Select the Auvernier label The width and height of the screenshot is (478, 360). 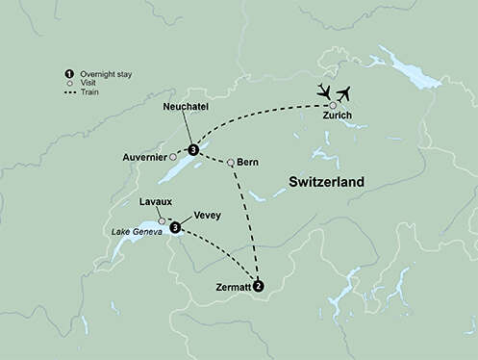[143, 156]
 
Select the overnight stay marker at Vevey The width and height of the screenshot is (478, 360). [175, 228]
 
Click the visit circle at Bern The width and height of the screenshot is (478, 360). [231, 161]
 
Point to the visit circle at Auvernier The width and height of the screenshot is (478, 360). [173, 156]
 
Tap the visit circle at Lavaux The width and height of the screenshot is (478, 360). [162, 221]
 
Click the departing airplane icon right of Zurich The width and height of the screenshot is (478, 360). [347, 92]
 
